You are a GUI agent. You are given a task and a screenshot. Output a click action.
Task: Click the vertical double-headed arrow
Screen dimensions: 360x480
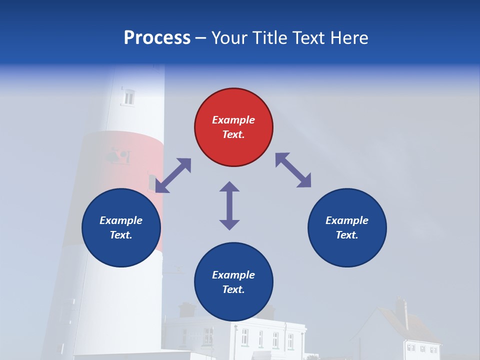click(x=229, y=205)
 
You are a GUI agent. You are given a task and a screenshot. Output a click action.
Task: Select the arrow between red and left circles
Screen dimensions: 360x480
click(x=173, y=175)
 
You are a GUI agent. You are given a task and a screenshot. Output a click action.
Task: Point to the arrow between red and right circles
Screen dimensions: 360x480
click(x=293, y=170)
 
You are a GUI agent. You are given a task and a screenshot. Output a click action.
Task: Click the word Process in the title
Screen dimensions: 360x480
click(x=157, y=38)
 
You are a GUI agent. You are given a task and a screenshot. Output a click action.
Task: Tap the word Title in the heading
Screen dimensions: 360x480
click(x=270, y=38)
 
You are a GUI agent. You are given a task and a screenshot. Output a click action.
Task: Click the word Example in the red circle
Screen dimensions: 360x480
click(x=233, y=120)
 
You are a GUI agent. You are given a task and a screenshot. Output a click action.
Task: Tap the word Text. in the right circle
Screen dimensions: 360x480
click(x=347, y=235)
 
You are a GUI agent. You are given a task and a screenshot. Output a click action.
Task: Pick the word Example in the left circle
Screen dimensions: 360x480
click(x=121, y=220)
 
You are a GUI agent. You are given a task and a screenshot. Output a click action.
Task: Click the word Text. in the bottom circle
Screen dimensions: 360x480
click(x=233, y=289)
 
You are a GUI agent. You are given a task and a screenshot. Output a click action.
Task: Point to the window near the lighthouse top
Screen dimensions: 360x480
click(x=129, y=97)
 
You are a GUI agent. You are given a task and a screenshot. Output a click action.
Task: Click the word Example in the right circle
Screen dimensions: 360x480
click(x=347, y=220)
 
